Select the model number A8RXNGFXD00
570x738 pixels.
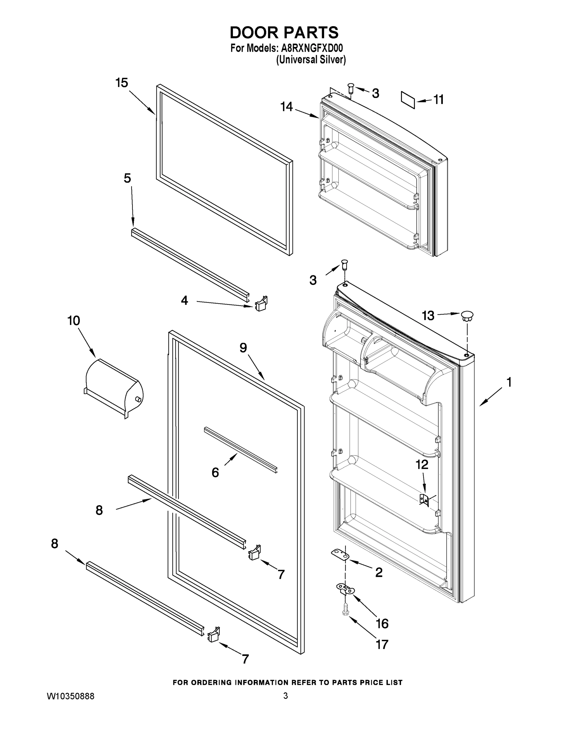312,48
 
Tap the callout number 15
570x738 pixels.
122,83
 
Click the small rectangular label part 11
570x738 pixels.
407,100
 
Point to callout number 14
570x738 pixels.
286,107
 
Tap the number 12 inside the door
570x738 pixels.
422,465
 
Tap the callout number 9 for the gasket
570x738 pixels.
243,348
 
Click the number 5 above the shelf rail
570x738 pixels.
127,178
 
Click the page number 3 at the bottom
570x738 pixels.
285,696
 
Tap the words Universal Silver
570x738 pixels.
311,60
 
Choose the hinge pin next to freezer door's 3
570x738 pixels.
351,89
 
